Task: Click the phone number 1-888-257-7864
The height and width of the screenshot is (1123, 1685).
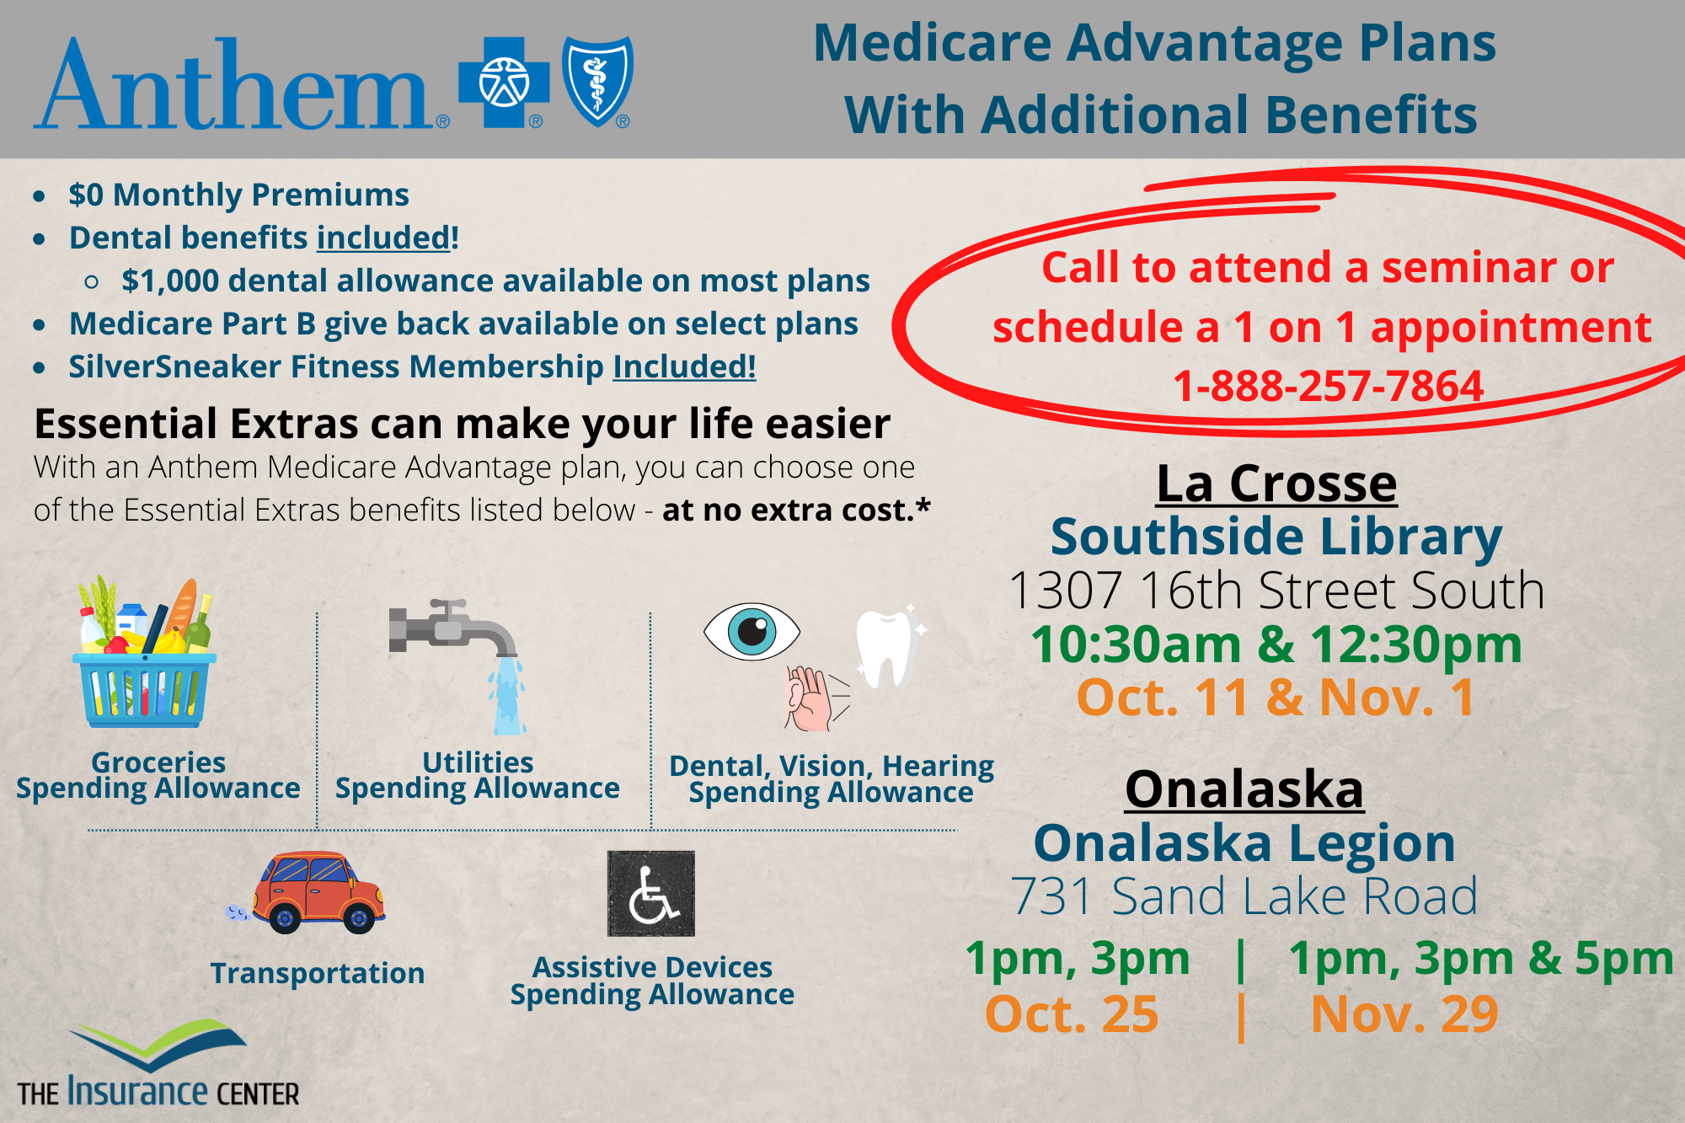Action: [1328, 386]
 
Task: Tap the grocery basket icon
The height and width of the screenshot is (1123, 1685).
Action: [145, 651]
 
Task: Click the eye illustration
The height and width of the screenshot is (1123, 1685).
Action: [752, 631]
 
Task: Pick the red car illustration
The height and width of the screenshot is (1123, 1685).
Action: [307, 892]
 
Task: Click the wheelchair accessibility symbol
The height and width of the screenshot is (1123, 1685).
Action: [651, 893]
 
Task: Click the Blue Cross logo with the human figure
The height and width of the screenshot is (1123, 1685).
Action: [504, 83]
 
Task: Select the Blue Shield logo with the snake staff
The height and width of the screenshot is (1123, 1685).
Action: [597, 81]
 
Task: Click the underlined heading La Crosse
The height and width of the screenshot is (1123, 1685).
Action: [1276, 484]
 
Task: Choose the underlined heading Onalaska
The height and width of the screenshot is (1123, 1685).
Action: [1244, 789]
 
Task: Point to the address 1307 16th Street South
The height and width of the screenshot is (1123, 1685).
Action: [1276, 590]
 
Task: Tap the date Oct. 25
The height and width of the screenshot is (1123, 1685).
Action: [1072, 1013]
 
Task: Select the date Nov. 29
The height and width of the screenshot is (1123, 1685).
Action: [1404, 1013]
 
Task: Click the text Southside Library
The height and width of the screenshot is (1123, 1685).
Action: [1276, 537]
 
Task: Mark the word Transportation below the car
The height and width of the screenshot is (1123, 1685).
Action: [318, 973]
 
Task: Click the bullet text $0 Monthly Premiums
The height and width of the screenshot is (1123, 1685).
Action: [239, 195]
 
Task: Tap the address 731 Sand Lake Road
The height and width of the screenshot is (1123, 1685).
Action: [1244, 896]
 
